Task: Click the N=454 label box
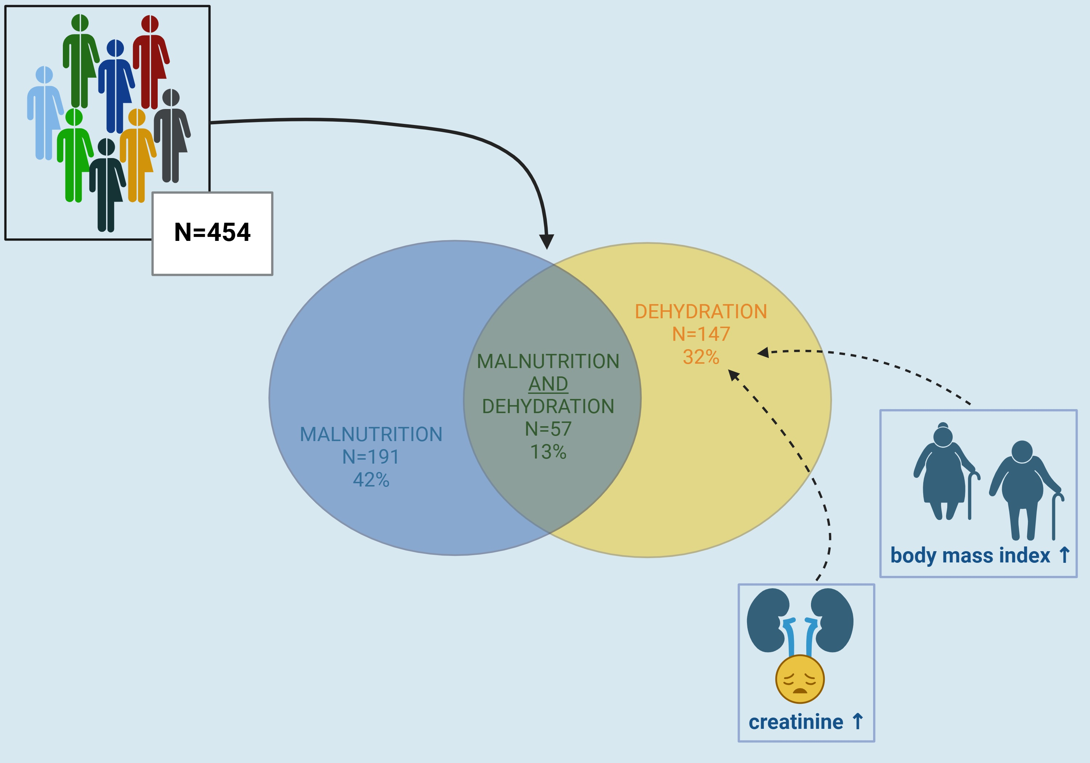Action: [212, 233]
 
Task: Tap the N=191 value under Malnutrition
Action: [371, 457]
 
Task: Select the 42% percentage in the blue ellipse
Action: [371, 480]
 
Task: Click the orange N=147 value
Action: [701, 334]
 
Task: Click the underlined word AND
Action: [548, 384]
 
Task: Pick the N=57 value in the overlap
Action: [548, 429]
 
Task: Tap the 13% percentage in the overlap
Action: [548, 452]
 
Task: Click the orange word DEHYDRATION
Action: [701, 312]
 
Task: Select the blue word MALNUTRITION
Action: [371, 435]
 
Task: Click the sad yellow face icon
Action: [800, 679]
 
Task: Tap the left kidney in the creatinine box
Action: [767, 619]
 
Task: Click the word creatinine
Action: [796, 722]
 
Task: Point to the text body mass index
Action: [970, 555]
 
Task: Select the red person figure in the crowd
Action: [150, 62]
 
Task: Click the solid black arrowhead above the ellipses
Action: [546, 241]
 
